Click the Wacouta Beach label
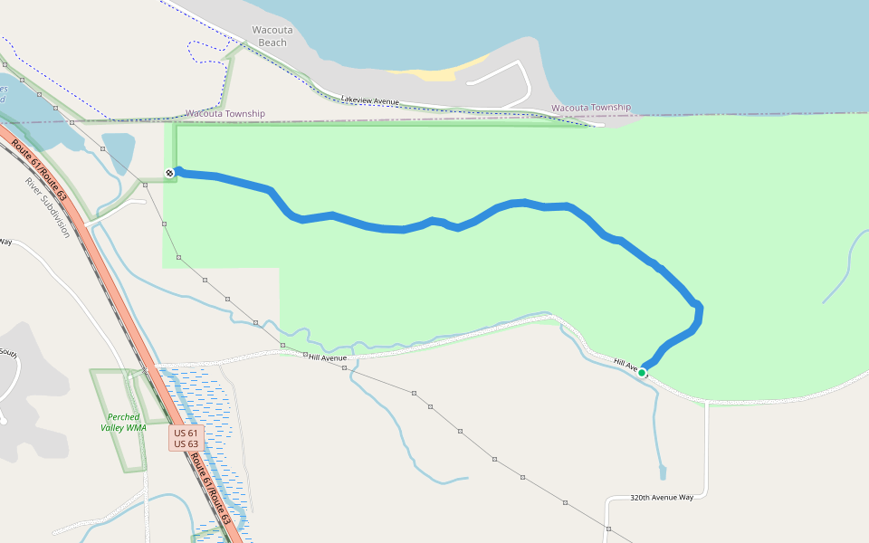tap(272, 36)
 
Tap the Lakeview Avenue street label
tap(369, 99)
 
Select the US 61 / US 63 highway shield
tap(186, 438)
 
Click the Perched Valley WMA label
tap(123, 423)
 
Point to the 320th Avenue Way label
tap(662, 498)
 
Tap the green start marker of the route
tap(642, 372)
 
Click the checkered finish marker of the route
tap(169, 173)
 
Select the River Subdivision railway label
tap(47, 207)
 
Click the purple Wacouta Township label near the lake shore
tap(590, 108)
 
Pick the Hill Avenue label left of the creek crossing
tap(328, 357)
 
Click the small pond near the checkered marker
tap(119, 148)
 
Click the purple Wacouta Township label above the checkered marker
tap(225, 114)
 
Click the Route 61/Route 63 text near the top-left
tap(40, 168)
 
